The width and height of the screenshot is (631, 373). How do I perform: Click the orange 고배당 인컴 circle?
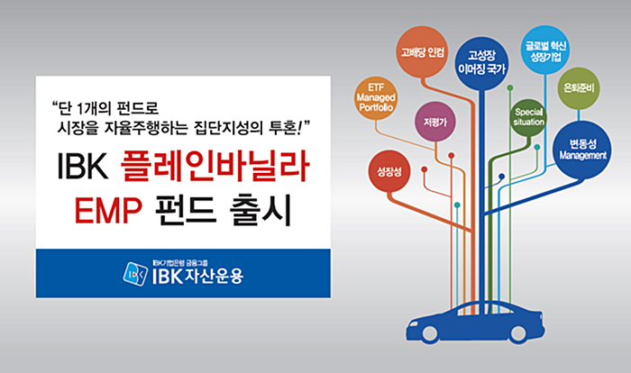pyautogui.click(x=422, y=52)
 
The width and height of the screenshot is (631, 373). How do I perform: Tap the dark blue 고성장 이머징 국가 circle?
pyautogui.click(x=481, y=63)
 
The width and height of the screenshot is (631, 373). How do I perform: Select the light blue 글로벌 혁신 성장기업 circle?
pyautogui.click(x=545, y=50)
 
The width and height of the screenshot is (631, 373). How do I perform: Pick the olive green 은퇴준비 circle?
pyautogui.click(x=579, y=88)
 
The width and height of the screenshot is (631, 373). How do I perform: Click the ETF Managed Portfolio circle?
pyautogui.click(x=376, y=98)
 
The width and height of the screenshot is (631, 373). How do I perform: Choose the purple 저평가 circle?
pyautogui.click(x=435, y=122)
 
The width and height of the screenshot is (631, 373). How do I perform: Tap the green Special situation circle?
pyautogui.click(x=528, y=117)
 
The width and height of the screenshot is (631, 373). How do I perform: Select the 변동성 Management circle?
pyautogui.click(x=582, y=150)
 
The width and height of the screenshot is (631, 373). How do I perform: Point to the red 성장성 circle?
pyautogui.click(x=389, y=172)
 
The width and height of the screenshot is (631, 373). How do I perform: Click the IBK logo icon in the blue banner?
pyautogui.click(x=135, y=274)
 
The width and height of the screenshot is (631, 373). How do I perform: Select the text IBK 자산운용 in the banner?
pyautogui.click(x=198, y=276)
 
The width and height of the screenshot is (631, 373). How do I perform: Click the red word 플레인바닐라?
pyautogui.click(x=215, y=166)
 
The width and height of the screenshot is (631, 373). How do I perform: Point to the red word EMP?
pyautogui.click(x=108, y=211)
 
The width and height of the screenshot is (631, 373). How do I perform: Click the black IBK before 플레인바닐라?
pyautogui.click(x=83, y=166)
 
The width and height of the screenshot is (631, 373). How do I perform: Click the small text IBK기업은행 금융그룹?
pyautogui.click(x=180, y=264)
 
